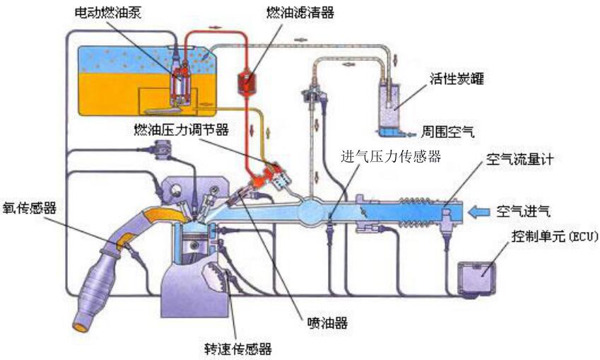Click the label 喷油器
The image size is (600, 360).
click(x=327, y=323)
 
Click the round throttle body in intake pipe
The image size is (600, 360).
click(x=312, y=210)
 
